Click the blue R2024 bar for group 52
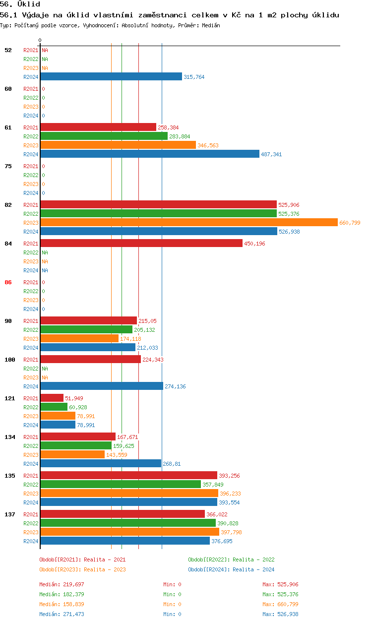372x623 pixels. tap(111, 77)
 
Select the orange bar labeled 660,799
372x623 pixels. tap(188, 223)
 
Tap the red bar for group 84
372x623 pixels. tap(141, 243)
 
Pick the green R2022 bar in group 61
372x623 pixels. tap(104, 136)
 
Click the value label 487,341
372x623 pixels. tap(271, 154)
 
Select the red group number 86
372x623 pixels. tap(8, 282)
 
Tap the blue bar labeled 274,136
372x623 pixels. tap(101, 386)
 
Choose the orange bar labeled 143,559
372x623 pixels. tap(72, 455)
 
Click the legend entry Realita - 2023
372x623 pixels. tap(82, 569)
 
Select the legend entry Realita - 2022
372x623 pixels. tap(231, 560)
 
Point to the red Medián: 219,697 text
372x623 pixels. tap(62, 584)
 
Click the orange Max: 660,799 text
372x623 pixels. tap(280, 604)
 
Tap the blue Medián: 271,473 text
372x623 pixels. tap(62, 614)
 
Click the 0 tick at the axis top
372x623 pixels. tap(40, 40)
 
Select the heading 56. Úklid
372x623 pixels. tap(20, 4)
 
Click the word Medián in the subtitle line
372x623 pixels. tap(211, 25)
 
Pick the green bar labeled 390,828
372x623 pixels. tap(128, 523)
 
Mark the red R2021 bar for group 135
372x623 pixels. tap(128, 476)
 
